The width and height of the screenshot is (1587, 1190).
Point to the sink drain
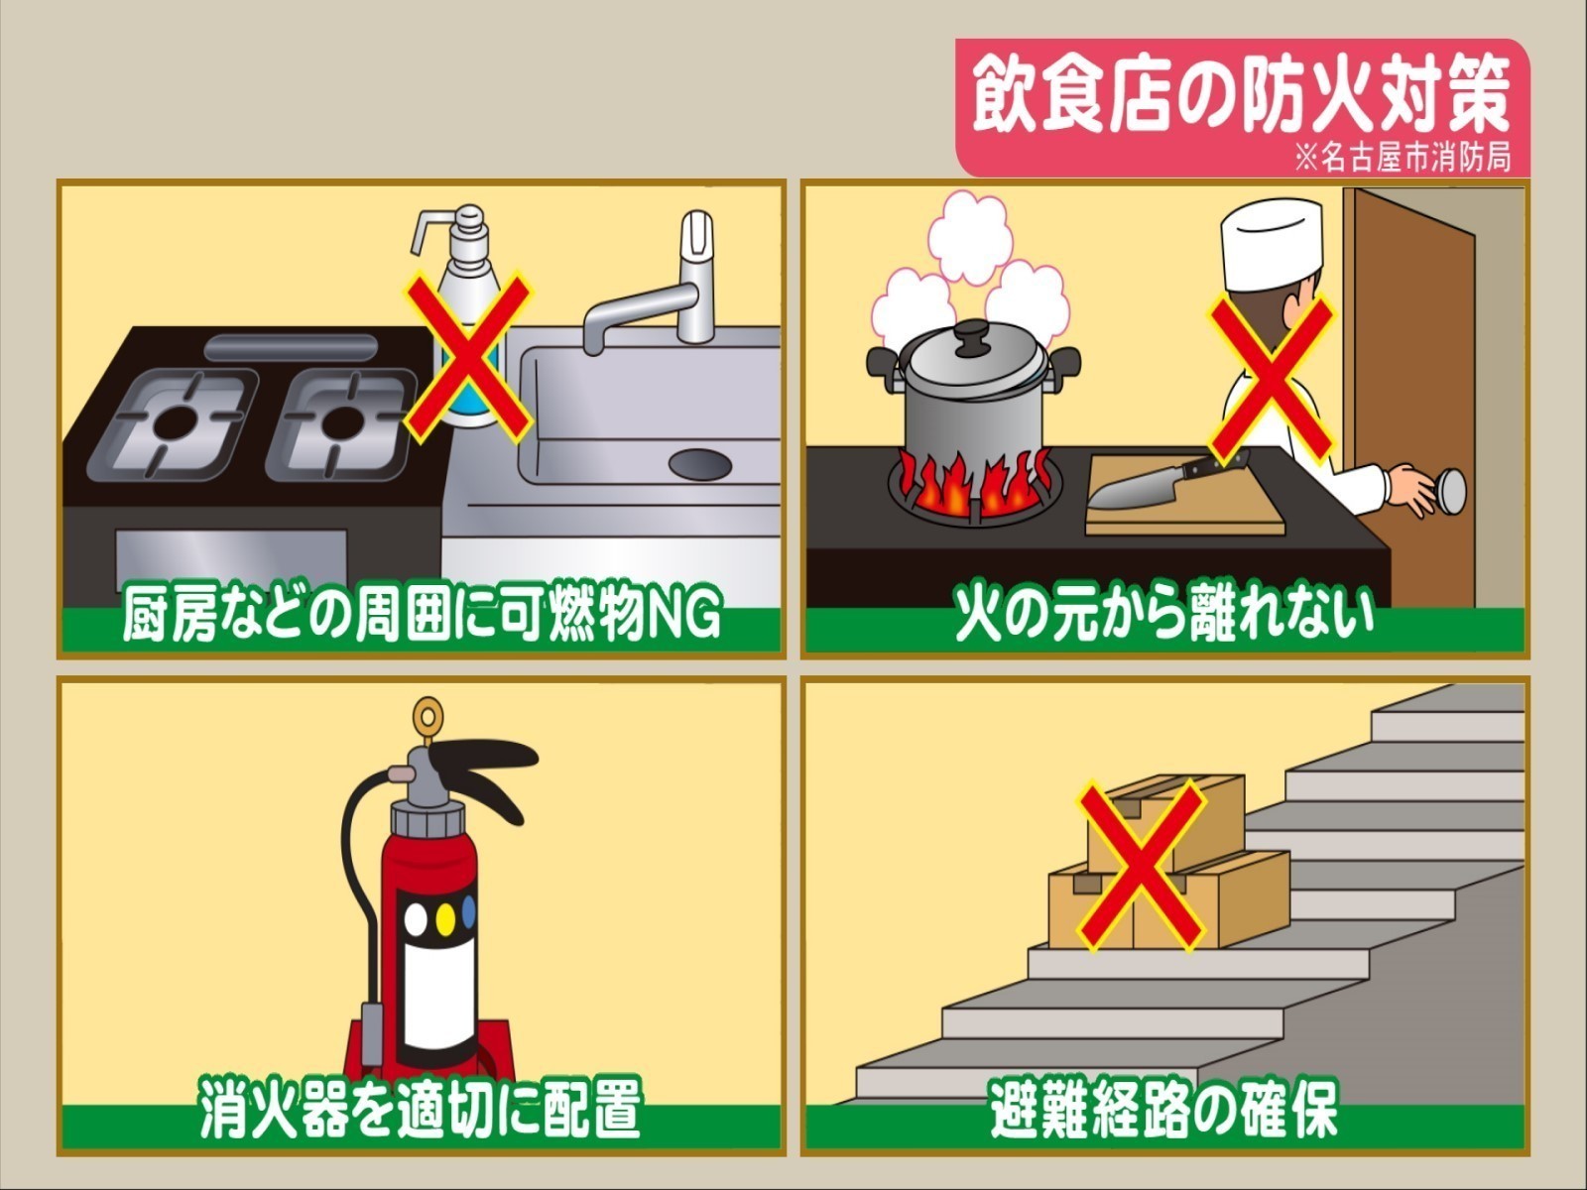tap(700, 462)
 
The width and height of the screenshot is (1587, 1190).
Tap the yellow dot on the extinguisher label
tap(445, 913)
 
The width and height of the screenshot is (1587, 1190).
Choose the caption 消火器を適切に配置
tap(421, 1108)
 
